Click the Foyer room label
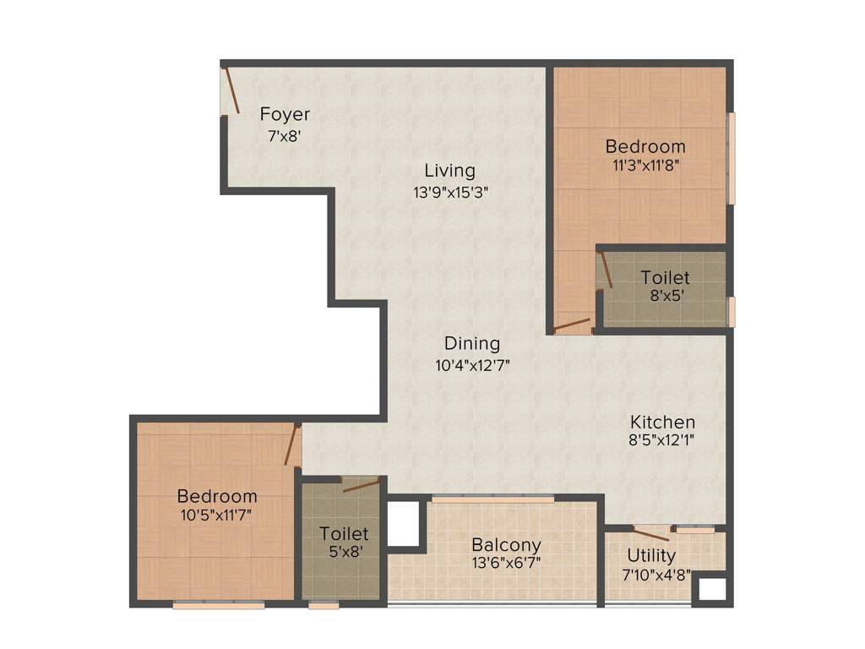pyautogui.click(x=285, y=114)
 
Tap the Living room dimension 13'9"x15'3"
pyautogui.click(x=450, y=192)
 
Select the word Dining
pyautogui.click(x=472, y=344)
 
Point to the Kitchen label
pyautogui.click(x=662, y=422)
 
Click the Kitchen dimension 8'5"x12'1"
pyautogui.click(x=662, y=439)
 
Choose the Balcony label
pyautogui.click(x=506, y=545)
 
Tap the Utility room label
pyautogui.click(x=650, y=555)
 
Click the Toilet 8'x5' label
pyautogui.click(x=665, y=277)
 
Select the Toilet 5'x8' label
pyautogui.click(x=344, y=534)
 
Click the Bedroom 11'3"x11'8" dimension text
pyautogui.click(x=646, y=166)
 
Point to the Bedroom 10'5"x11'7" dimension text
pyautogui.click(x=216, y=514)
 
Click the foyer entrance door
pyautogui.click(x=231, y=91)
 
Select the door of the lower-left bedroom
pyautogui.click(x=292, y=445)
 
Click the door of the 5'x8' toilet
pyautogui.click(x=361, y=485)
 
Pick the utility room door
pyautogui.click(x=651, y=534)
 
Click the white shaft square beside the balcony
pyautogui.click(x=403, y=523)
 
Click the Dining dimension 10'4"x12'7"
pyautogui.click(x=472, y=366)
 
